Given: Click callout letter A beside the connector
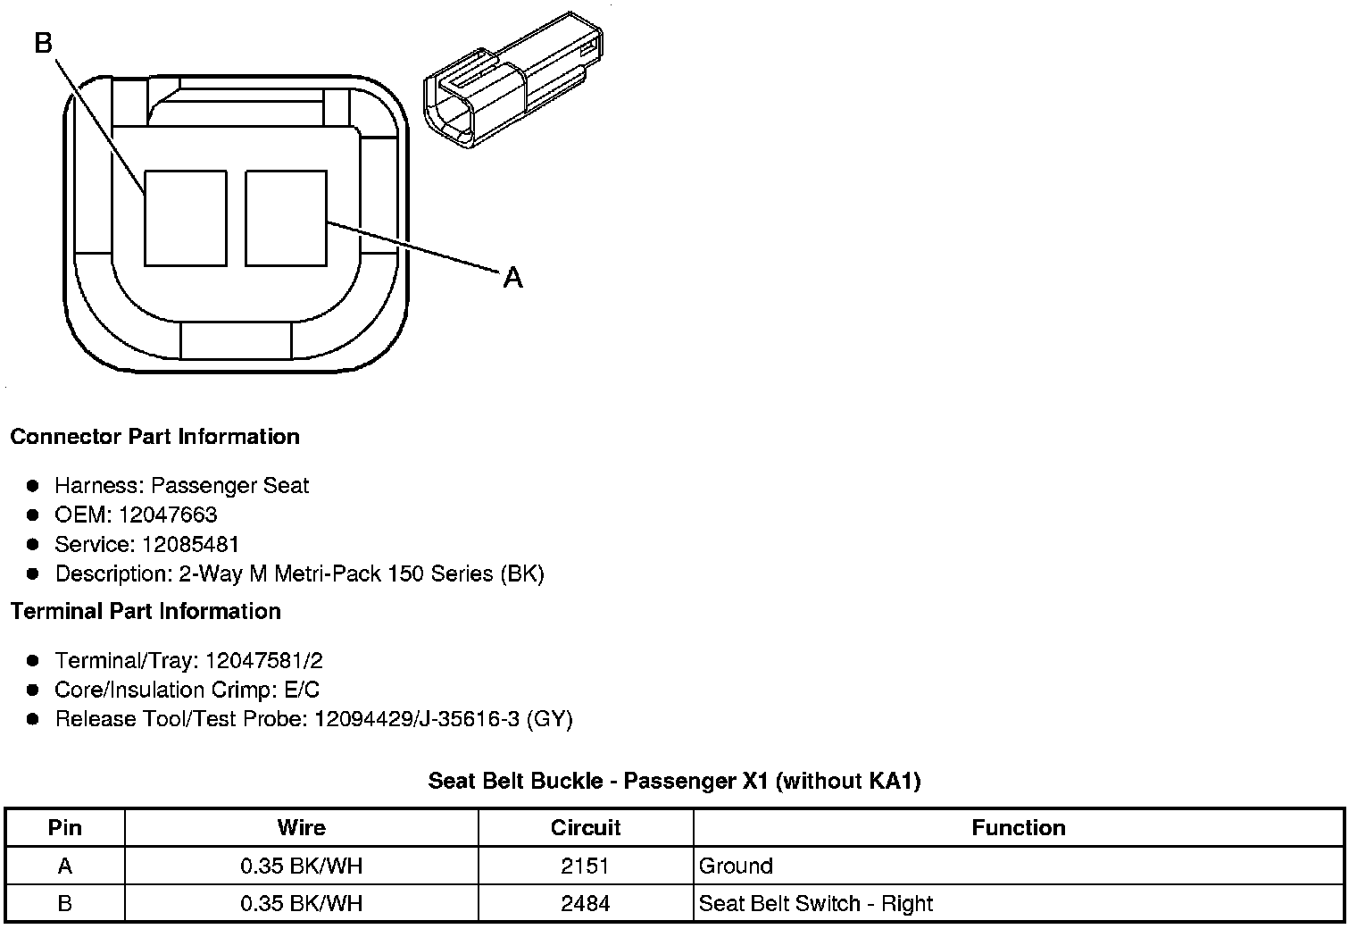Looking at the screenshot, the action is [x=512, y=279].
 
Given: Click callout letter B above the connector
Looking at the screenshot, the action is [x=44, y=42].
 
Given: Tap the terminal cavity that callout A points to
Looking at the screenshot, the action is [x=286, y=218].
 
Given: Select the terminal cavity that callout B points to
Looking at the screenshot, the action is [x=185, y=218].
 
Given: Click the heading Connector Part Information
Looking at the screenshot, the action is [x=154, y=437].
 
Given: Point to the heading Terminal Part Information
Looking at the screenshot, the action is [x=146, y=612].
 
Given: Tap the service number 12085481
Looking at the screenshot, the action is [x=191, y=545].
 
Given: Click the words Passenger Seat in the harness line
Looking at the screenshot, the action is [x=229, y=486].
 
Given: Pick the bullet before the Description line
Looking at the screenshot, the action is [x=33, y=573].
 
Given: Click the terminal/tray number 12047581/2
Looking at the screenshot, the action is [x=263, y=661].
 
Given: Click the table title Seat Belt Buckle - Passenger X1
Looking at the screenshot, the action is [x=674, y=781].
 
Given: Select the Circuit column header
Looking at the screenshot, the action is [x=586, y=828].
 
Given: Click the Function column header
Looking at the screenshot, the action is [x=1019, y=828].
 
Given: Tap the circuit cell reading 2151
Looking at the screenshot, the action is [x=586, y=866].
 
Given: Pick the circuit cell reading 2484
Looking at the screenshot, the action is [x=586, y=903].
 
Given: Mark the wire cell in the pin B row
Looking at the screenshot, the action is [x=302, y=903].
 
